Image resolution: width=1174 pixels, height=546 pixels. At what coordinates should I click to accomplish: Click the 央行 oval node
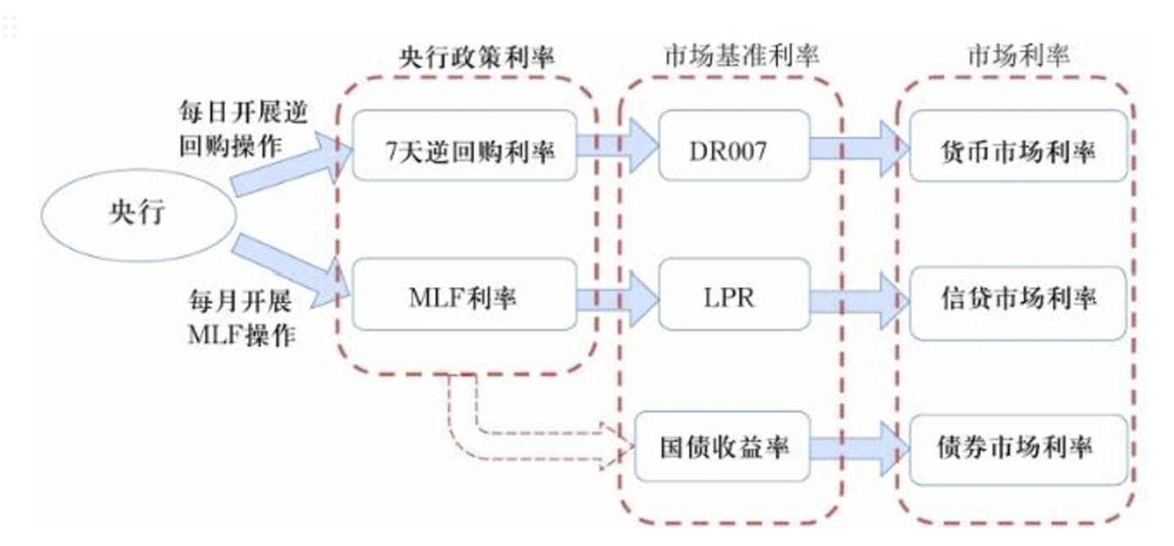(139, 214)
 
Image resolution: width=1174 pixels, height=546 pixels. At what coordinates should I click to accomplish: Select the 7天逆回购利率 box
(465, 147)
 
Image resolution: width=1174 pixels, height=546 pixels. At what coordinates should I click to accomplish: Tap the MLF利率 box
(465, 295)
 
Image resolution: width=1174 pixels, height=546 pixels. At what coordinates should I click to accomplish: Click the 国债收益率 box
(722, 447)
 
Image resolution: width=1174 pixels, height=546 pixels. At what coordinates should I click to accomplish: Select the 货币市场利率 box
(1018, 148)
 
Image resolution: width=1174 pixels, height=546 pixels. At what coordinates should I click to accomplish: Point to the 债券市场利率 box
(1018, 447)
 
